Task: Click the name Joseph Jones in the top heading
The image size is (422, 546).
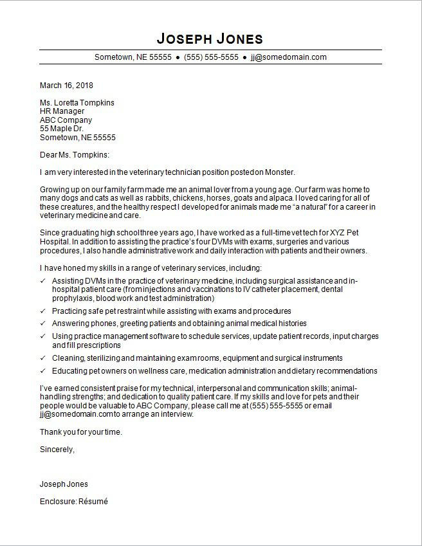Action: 210,37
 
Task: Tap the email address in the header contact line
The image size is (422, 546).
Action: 289,57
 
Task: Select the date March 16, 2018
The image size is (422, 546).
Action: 66,85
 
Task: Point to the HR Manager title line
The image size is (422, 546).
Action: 62,111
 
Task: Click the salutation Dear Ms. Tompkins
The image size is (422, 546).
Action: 75,155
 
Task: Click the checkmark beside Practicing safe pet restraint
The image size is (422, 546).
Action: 43,311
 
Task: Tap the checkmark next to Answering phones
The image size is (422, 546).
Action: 43,324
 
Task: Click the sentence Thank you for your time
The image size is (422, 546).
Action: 81,432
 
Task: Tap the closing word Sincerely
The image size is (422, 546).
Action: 57,450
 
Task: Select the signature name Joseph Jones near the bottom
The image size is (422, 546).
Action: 64,484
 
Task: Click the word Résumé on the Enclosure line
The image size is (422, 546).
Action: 93,502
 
